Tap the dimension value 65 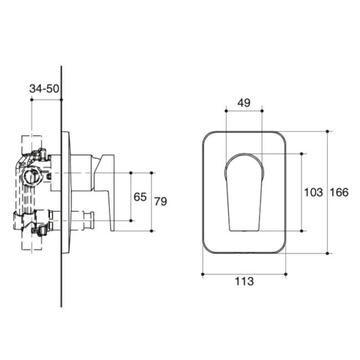coord(141,197)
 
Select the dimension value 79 coord(160,202)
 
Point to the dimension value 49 coord(244,102)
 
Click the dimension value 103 coord(313,192)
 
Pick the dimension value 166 coord(339,192)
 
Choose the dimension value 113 coord(244,281)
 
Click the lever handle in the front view coord(244,191)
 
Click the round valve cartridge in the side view coord(31,177)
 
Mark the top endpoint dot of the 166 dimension coord(328,131)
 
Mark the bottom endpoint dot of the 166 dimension coord(328,254)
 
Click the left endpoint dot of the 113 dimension coord(202,274)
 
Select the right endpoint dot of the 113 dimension coord(286,274)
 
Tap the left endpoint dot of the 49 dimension coord(226,111)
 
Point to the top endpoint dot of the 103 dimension coord(302,153)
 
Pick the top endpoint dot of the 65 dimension coord(131,173)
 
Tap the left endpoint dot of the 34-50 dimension coord(32,100)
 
